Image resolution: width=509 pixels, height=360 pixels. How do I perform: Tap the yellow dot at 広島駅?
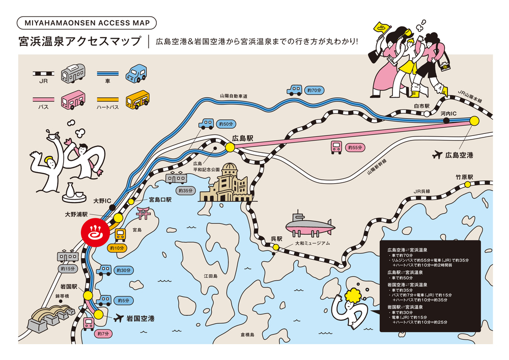230,147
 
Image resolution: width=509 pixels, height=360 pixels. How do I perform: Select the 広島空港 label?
459,155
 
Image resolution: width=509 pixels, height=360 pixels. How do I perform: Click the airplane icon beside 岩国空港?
119,318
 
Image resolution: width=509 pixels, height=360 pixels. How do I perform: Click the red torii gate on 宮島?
143,213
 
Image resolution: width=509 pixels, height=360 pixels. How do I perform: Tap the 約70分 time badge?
314,90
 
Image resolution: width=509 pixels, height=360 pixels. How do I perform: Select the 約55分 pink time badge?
355,147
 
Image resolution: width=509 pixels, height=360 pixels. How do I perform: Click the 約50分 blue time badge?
226,124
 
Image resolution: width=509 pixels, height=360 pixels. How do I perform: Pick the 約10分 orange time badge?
117,248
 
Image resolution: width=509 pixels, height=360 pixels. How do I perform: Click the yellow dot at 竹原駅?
467,184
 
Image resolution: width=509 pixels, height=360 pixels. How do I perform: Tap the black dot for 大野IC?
112,207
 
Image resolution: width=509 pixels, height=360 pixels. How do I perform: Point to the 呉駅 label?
276,239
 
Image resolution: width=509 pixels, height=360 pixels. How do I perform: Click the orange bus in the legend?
137,100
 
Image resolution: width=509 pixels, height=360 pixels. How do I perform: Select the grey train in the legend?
73,73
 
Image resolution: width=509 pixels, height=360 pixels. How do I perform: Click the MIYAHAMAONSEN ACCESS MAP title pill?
87,23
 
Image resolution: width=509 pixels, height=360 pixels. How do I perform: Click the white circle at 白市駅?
427,114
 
